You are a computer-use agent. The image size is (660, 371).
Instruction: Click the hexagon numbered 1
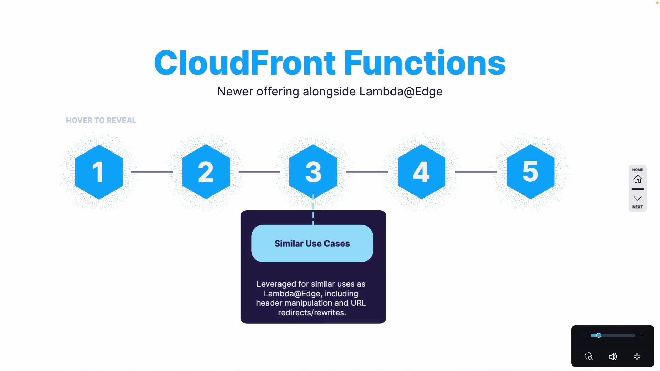click(x=99, y=172)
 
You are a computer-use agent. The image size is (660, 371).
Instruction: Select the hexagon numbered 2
click(x=206, y=172)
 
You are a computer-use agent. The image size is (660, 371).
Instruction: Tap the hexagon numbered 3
click(x=313, y=172)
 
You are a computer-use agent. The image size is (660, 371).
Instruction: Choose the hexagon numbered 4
click(x=421, y=172)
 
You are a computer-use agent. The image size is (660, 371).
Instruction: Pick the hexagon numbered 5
click(x=530, y=172)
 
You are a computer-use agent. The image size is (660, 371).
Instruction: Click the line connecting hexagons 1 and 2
click(x=152, y=172)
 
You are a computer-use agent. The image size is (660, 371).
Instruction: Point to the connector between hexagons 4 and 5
click(x=476, y=172)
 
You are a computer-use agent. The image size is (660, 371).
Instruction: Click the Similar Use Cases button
click(x=312, y=244)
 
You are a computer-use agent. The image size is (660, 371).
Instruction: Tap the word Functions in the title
click(x=425, y=63)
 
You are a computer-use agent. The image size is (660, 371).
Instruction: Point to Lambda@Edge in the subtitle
click(x=401, y=92)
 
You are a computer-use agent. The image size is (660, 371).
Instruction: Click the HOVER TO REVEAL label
click(x=101, y=120)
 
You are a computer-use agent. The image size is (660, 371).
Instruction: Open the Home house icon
click(x=638, y=179)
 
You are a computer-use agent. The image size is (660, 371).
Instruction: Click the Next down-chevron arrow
click(x=638, y=198)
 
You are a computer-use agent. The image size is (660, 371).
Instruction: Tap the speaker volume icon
click(x=613, y=357)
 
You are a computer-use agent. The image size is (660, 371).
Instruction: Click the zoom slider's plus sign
click(x=642, y=335)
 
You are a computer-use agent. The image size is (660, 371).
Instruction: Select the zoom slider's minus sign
click(x=583, y=335)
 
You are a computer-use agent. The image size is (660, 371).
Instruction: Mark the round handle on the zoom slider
click(x=598, y=335)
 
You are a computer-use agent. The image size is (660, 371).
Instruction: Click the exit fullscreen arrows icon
click(x=637, y=357)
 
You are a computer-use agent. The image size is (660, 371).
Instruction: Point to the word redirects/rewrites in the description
click(x=312, y=313)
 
